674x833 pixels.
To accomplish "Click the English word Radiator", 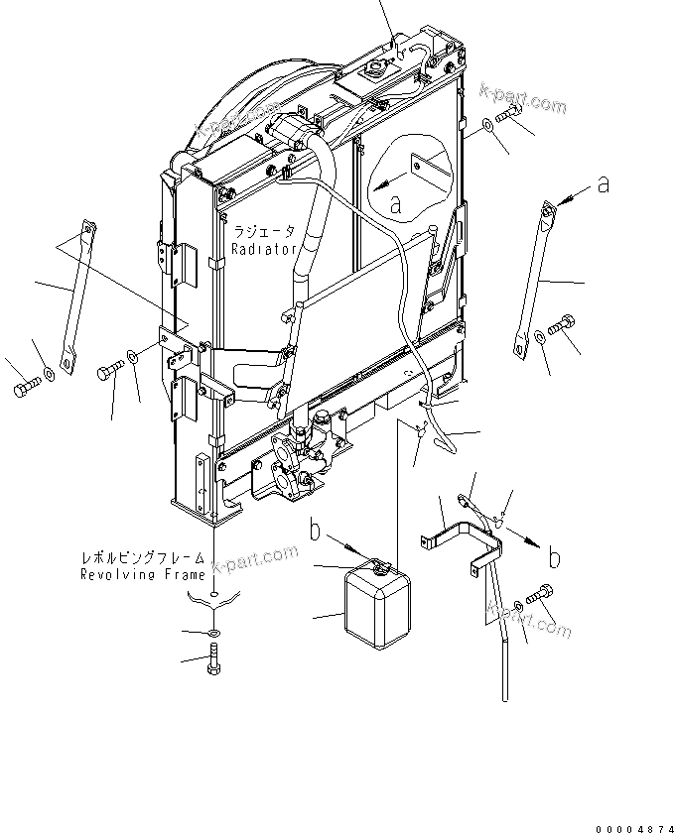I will click(264, 251).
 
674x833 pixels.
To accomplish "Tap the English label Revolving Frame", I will click(144, 574).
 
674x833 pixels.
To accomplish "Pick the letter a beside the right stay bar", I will click(602, 184).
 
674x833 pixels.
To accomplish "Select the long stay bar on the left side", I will click(76, 297).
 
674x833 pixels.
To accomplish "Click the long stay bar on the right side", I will click(532, 277).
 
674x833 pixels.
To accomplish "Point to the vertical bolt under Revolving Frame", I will click(214, 658).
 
